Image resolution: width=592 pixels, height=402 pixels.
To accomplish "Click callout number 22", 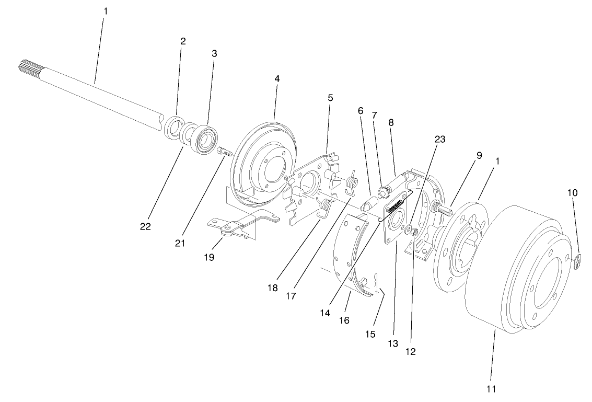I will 145,226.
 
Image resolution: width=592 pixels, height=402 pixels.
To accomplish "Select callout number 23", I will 440,139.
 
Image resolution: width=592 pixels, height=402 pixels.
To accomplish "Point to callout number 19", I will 209,257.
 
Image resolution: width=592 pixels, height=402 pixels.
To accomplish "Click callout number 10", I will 573,192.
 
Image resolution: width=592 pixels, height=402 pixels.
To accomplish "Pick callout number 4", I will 277,78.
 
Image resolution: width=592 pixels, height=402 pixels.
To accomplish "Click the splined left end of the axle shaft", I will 26,67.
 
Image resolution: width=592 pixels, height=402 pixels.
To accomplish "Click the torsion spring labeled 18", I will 324,206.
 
